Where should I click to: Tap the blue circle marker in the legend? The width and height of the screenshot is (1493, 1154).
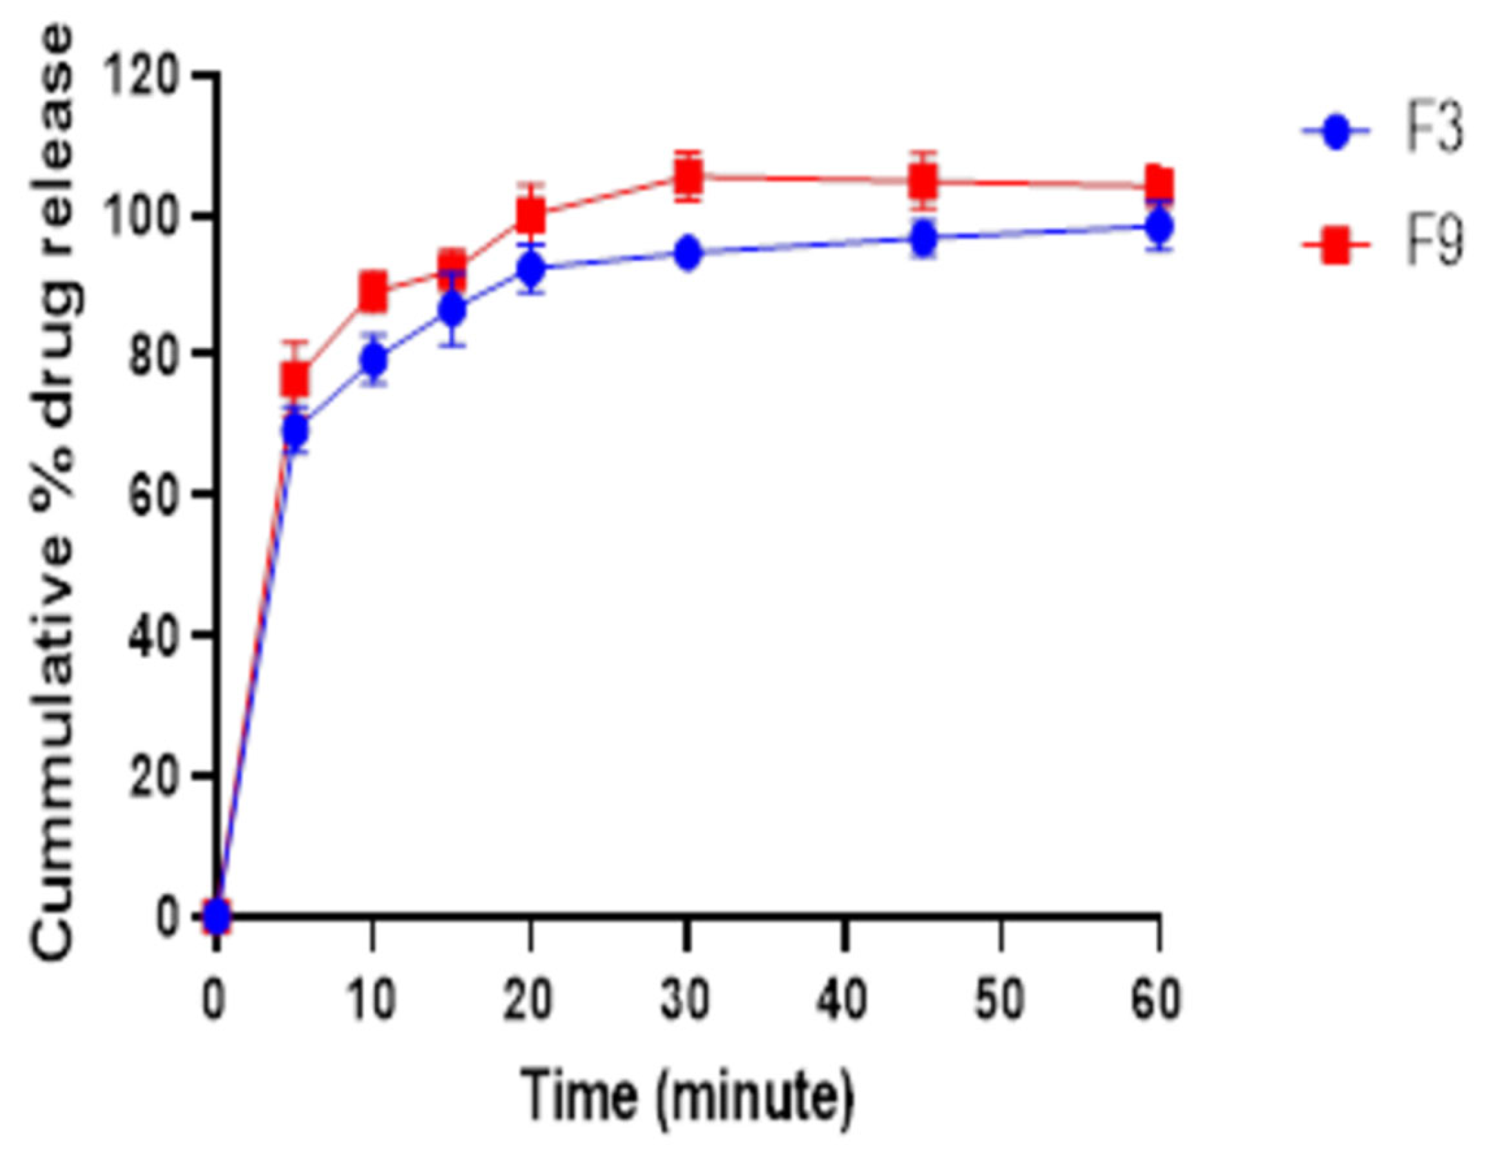point(1337,131)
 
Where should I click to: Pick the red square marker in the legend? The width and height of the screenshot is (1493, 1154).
point(1337,244)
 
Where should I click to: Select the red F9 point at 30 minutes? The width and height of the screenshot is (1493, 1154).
point(687,177)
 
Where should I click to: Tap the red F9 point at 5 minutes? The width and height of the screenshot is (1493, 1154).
point(295,378)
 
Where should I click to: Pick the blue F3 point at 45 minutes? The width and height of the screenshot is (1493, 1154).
point(923,238)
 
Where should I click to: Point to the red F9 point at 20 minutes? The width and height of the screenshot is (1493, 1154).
point(530,214)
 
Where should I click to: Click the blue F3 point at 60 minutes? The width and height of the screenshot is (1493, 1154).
point(1159,225)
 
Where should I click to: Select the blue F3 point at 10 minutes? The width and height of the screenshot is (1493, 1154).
point(374,358)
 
